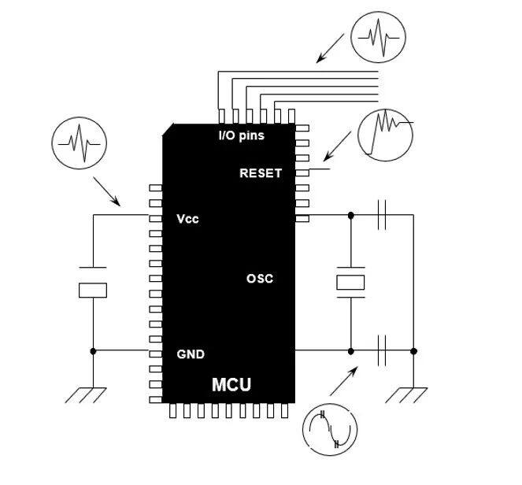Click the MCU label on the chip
pyautogui.click(x=231, y=385)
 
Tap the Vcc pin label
pyautogui.click(x=187, y=219)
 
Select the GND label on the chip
pyautogui.click(x=191, y=354)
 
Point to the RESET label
pyautogui.click(x=260, y=173)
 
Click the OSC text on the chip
pyautogui.click(x=260, y=279)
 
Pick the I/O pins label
pyautogui.click(x=241, y=135)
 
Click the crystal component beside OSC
pyautogui.click(x=350, y=283)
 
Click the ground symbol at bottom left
pyautogui.click(x=86, y=393)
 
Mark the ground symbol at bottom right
pyautogui.click(x=409, y=393)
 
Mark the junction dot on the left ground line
pyautogui.click(x=93, y=350)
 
